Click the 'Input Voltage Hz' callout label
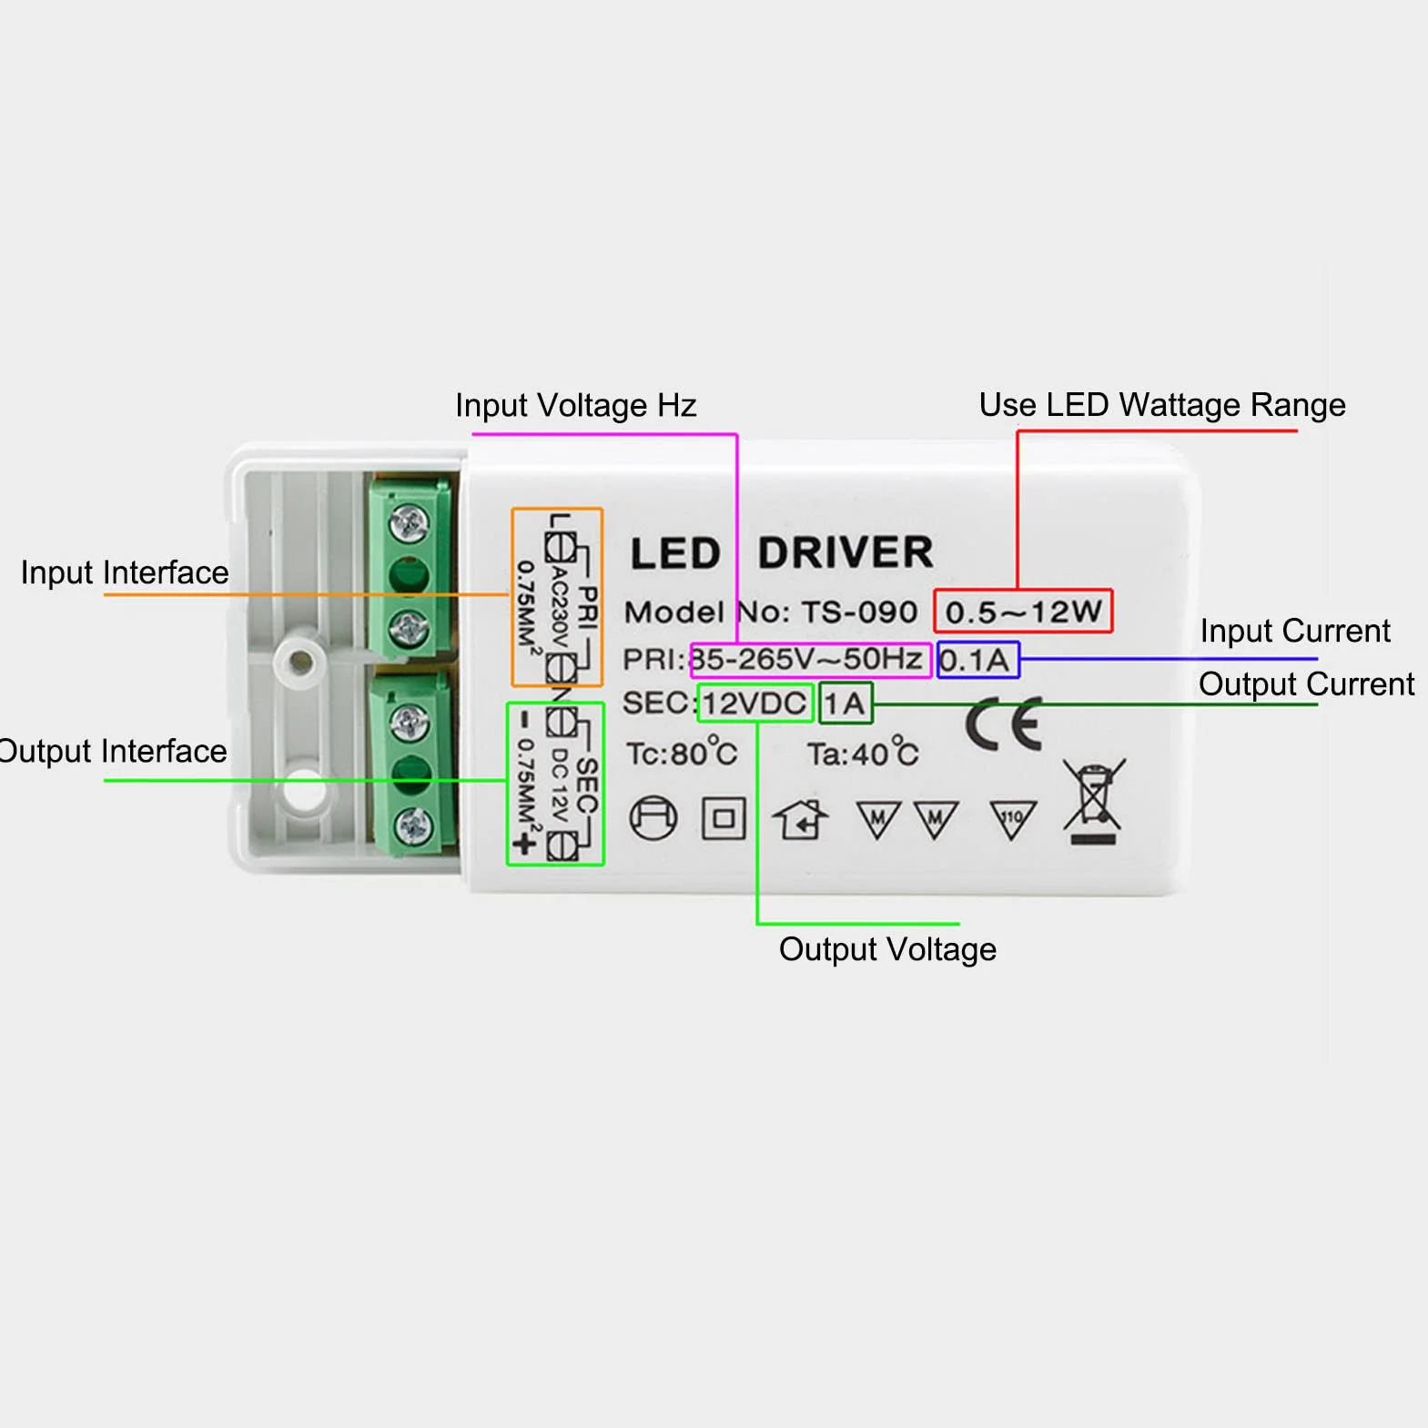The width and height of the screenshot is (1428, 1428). (575, 405)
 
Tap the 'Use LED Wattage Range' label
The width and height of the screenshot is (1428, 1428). (1162, 404)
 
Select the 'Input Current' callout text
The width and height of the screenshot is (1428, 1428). (1295, 631)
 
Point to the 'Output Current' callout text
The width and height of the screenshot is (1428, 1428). (1306, 684)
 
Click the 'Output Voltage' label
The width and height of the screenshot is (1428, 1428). (887, 949)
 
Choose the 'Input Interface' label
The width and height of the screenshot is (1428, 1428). (125, 572)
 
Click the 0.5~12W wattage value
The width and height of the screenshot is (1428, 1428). (1023, 612)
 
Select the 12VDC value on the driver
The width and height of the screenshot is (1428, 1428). (755, 704)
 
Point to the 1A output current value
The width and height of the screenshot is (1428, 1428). (845, 704)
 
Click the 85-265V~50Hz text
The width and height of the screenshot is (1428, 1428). (808, 659)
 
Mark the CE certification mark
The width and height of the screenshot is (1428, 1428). (1004, 724)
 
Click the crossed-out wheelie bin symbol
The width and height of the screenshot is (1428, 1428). (1094, 801)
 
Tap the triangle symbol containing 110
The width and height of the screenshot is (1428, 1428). (1012, 819)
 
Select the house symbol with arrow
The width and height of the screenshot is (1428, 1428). (800, 818)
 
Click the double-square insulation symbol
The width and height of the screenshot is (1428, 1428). (724, 818)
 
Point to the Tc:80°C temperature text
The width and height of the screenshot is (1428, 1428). (682, 753)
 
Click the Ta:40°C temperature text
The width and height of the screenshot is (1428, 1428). (863, 753)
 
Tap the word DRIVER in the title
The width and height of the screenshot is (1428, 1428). (846, 552)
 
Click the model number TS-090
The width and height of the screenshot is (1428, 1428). (859, 612)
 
